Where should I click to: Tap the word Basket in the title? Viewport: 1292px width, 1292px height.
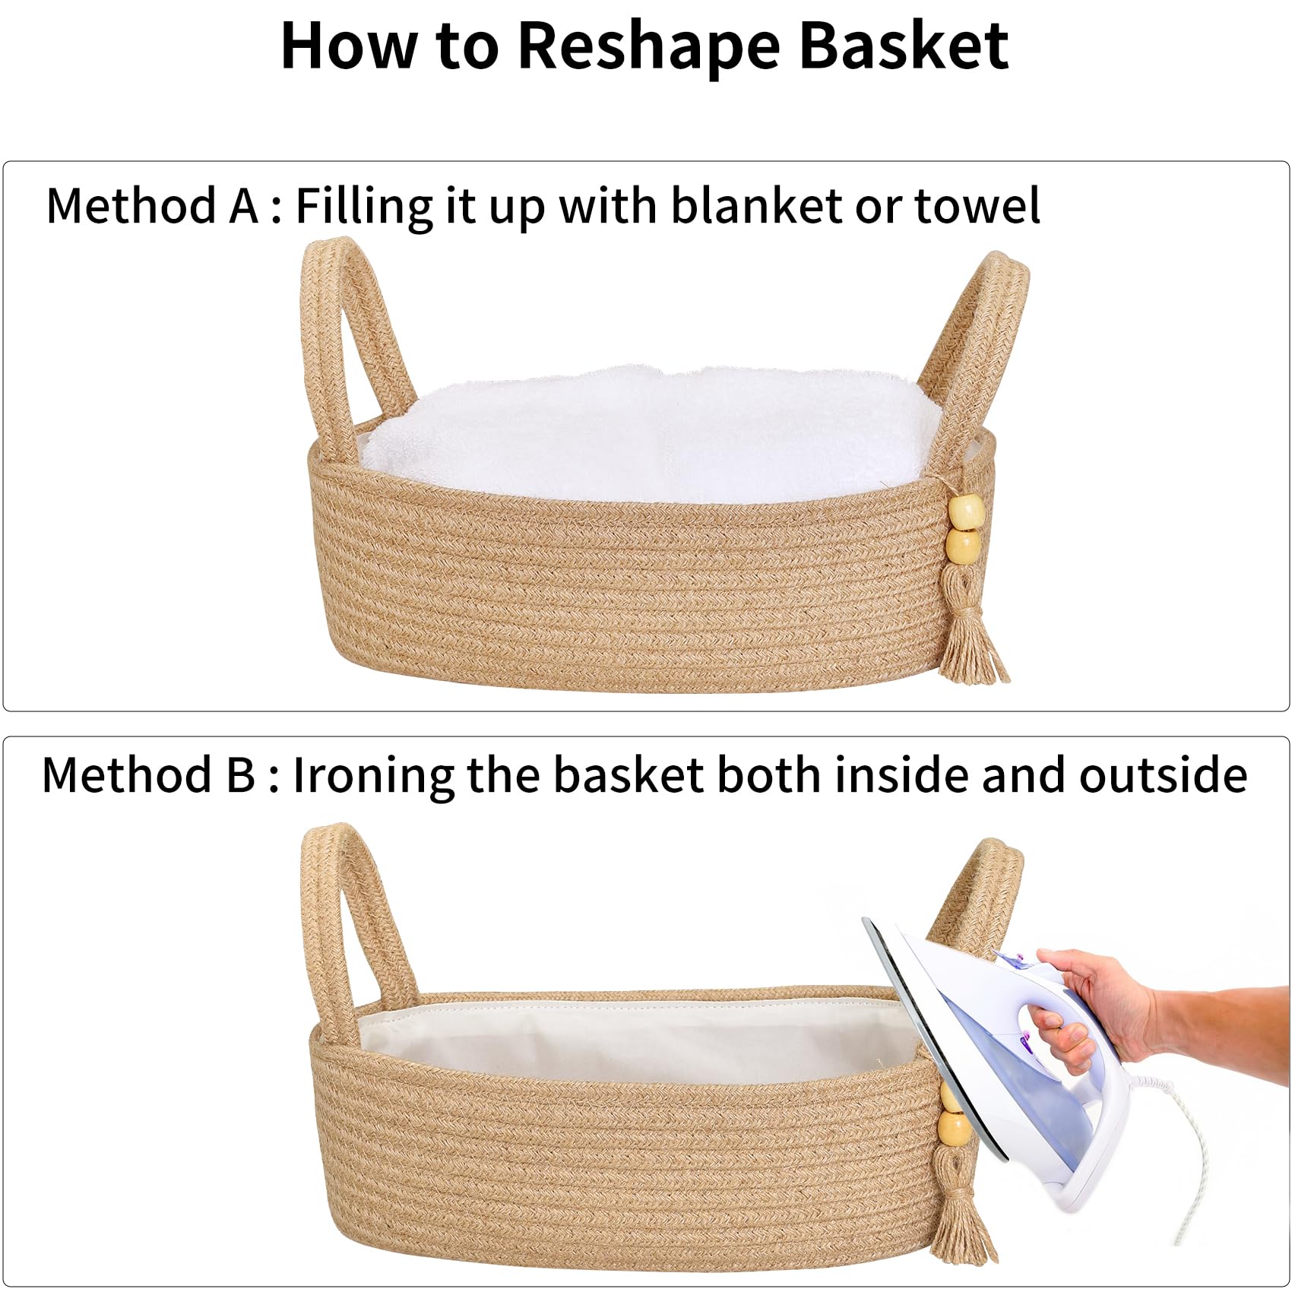[x=904, y=46]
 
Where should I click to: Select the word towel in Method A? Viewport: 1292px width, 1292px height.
[x=977, y=206]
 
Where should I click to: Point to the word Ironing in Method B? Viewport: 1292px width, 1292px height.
[x=373, y=776]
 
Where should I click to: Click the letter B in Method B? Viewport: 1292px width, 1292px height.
[x=239, y=775]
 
